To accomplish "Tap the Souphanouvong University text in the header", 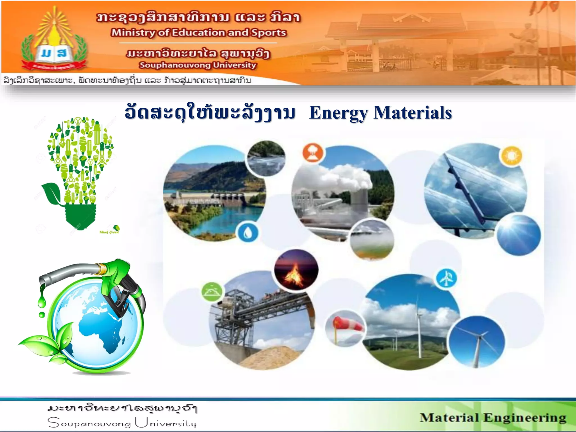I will point(197,65).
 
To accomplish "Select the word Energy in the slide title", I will point(338,113).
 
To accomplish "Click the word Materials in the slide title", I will point(413,113).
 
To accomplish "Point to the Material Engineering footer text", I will point(493,418).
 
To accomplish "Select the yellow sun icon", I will point(511,156).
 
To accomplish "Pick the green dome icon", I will point(212,292).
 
